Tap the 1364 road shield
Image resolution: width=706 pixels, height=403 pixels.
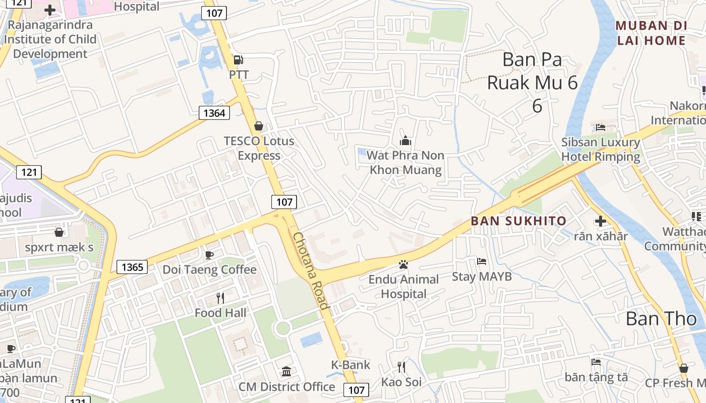[x=214, y=113]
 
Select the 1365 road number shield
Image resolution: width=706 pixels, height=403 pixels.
[x=132, y=266]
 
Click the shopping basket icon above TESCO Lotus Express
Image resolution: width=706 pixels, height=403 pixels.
[x=259, y=125]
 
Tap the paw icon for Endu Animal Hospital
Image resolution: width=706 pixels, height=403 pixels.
[x=403, y=264]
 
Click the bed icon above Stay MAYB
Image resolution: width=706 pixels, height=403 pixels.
[x=482, y=261]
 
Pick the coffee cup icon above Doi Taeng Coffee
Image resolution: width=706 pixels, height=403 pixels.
[x=209, y=254]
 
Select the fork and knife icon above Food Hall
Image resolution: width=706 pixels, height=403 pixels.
[x=220, y=298]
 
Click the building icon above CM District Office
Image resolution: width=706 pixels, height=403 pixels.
[x=286, y=372]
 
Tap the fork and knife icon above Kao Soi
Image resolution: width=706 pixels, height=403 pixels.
[x=401, y=367]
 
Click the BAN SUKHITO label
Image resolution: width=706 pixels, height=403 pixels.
[x=519, y=221]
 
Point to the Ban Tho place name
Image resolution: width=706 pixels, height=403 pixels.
[x=661, y=318]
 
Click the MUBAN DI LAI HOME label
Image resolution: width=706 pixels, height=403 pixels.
[x=651, y=33]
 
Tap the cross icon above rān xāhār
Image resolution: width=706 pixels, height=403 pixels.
[x=601, y=221]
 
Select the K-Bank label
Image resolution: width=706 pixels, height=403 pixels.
[x=350, y=365]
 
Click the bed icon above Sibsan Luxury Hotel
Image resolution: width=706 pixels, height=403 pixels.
[x=600, y=127]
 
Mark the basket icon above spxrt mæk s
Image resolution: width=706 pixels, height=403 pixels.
[x=59, y=232]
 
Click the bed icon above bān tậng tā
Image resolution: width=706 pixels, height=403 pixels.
[x=596, y=362]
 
